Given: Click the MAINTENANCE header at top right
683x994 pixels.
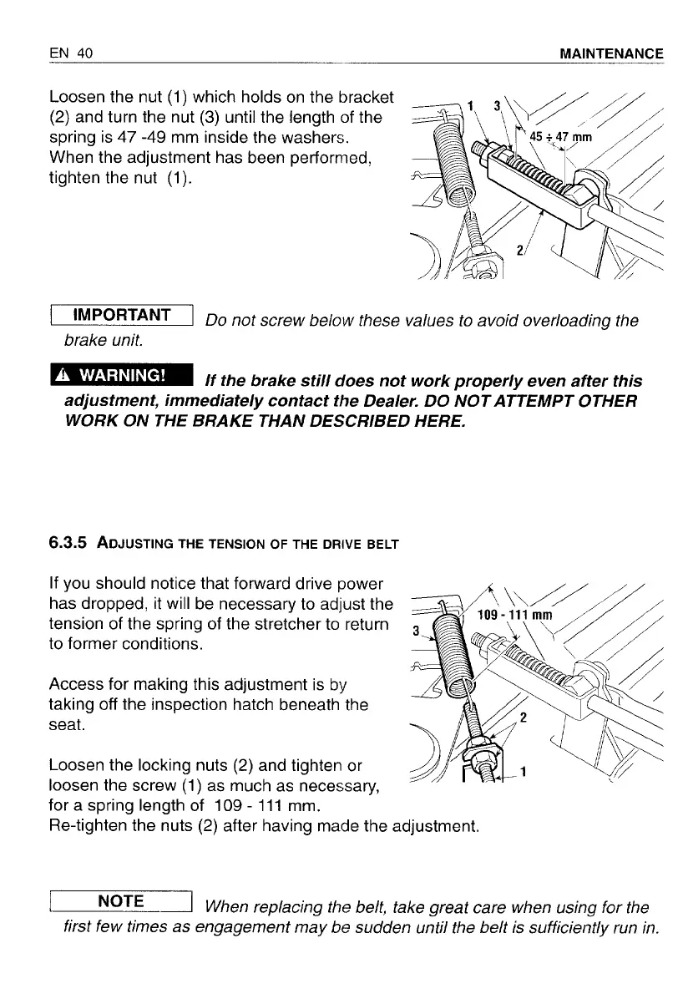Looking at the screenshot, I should [x=612, y=53].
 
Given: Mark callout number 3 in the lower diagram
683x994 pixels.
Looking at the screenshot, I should [x=405, y=632].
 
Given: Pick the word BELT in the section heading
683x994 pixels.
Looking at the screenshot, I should [x=381, y=545].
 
